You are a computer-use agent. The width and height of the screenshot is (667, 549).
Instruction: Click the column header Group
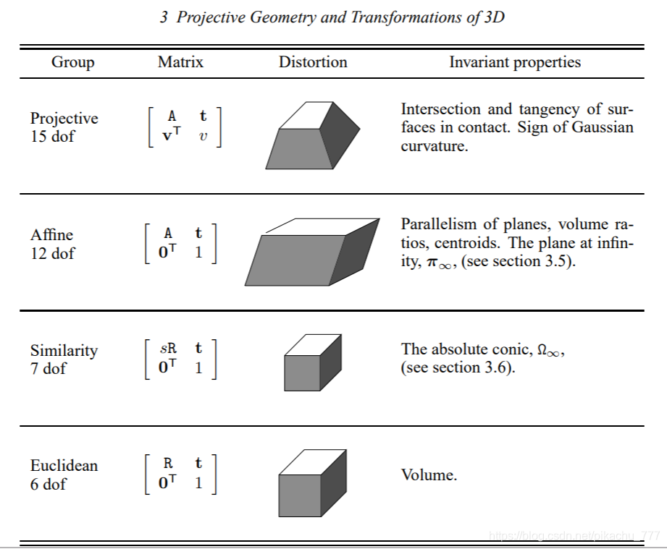coord(72,62)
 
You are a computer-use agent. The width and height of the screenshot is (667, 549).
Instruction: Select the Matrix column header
coord(180,62)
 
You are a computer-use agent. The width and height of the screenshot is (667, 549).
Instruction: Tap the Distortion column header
coord(313,62)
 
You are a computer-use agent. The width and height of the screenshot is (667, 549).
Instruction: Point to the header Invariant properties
coord(515,62)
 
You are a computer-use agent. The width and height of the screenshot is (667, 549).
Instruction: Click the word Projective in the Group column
coord(64,118)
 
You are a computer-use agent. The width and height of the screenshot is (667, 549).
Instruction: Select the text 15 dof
coord(52,136)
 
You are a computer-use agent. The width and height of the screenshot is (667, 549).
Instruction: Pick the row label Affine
coord(51,234)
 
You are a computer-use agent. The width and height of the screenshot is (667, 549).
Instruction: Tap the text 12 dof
coord(52,253)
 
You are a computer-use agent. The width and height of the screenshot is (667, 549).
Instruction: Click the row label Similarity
coord(64,350)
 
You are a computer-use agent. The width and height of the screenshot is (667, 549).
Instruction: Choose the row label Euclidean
coord(64,465)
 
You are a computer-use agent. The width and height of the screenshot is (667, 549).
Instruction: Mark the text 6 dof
coord(49,484)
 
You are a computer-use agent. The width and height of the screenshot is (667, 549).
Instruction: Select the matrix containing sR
coord(181,358)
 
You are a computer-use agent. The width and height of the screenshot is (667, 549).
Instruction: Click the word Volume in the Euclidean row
coord(429,475)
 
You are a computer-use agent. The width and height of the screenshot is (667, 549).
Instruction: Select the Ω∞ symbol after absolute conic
coord(550,349)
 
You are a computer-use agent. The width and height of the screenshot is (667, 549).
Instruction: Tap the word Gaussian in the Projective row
coord(598,127)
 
